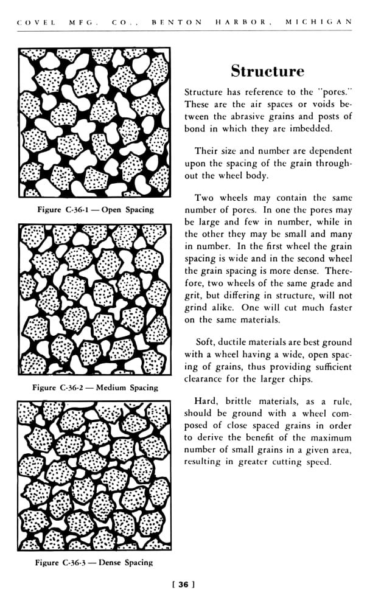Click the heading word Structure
(x=267, y=71)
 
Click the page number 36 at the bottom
(x=183, y=585)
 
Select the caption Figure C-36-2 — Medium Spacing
(x=95, y=387)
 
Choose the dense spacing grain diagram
(x=94, y=475)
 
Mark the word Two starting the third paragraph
(x=204, y=198)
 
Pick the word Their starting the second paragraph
(x=207, y=151)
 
